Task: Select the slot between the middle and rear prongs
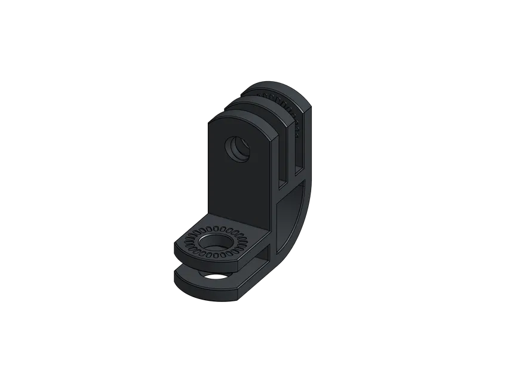pos(299,143)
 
